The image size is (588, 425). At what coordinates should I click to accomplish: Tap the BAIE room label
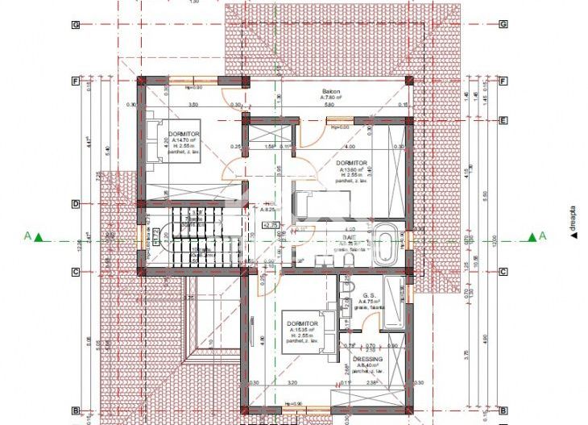coord(348,239)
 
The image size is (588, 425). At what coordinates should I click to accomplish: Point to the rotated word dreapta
coord(574,219)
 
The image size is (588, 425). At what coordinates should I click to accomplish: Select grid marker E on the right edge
coord(503,122)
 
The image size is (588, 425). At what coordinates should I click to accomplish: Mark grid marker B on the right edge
coord(503,410)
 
